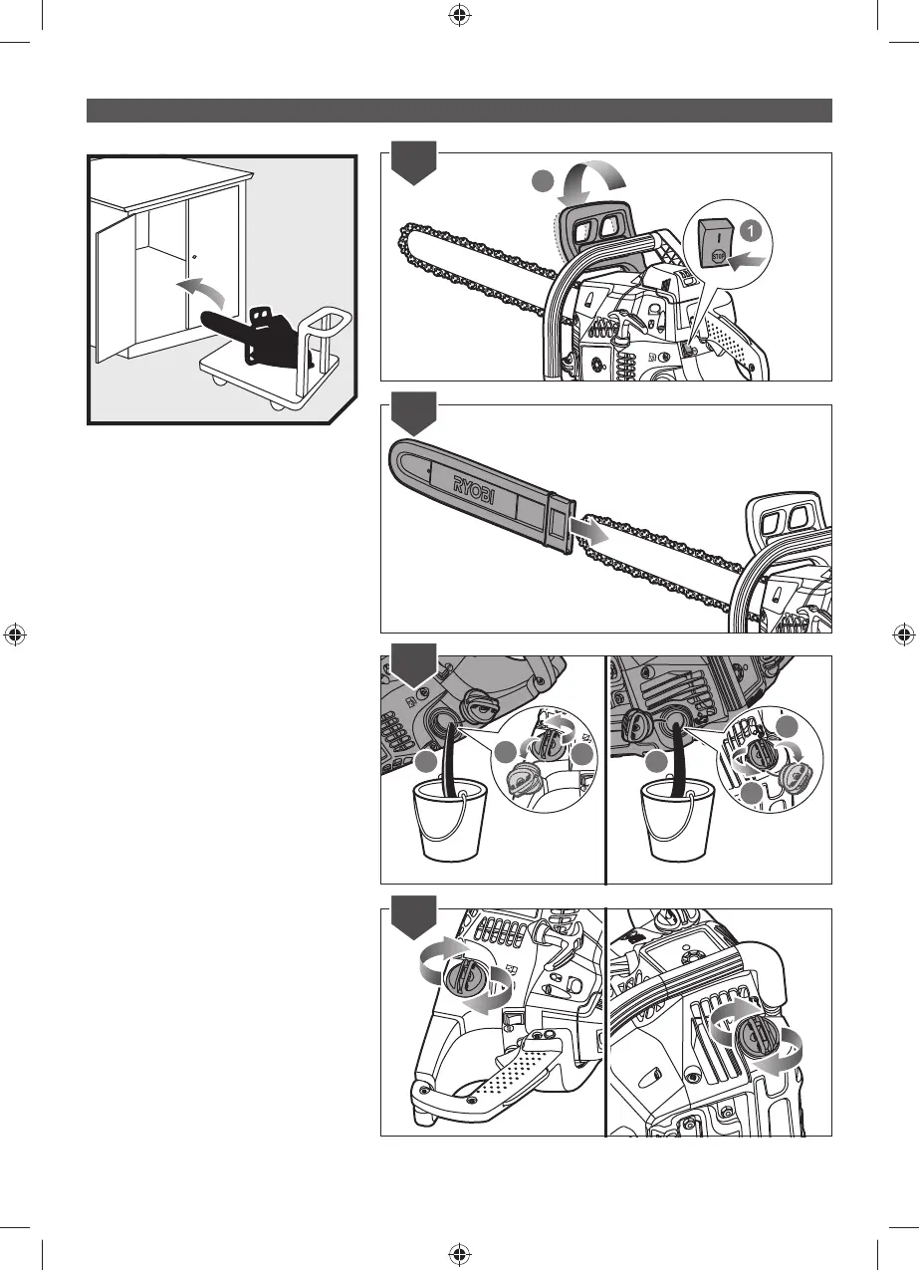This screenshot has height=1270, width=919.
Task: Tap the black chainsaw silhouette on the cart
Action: (254, 328)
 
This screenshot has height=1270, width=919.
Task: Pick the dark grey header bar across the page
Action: (459, 110)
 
